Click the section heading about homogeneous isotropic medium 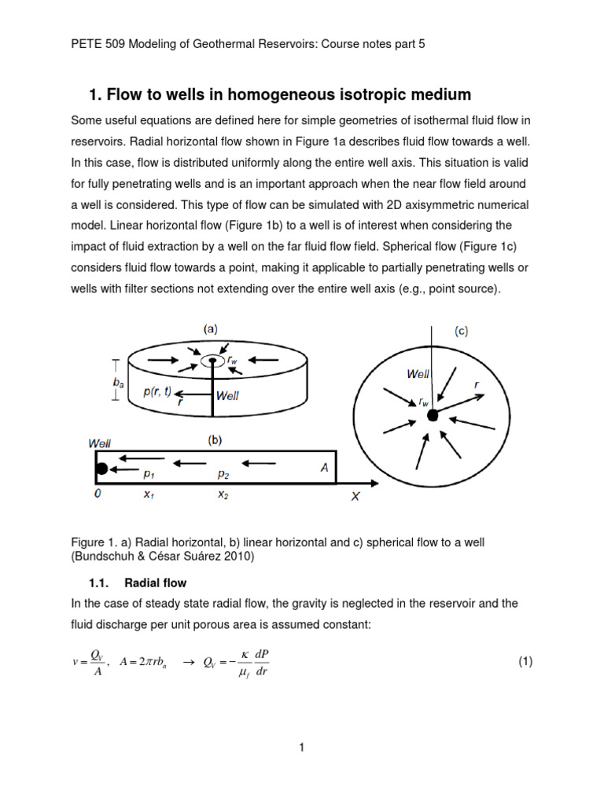point(280,95)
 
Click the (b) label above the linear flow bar point(215,441)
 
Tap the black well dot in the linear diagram point(101,469)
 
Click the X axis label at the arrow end point(355,498)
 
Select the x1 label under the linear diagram point(148,495)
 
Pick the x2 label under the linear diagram point(224,495)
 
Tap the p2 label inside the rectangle point(224,476)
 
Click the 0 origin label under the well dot point(98,495)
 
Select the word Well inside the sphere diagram point(418,374)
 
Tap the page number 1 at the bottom point(301,748)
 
